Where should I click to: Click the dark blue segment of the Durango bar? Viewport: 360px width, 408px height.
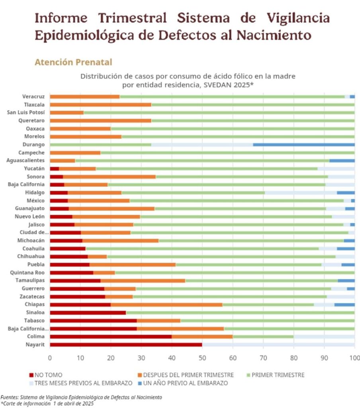(303, 144)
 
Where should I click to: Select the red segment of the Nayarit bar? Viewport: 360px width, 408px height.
(126, 345)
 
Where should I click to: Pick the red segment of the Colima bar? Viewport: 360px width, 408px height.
(111, 337)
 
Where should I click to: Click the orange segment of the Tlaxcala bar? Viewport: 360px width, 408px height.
(100, 104)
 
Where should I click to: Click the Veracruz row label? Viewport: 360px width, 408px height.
(33, 96)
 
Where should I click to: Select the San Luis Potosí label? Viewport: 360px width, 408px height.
(26, 112)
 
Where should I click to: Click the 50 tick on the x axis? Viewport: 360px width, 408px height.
(202, 358)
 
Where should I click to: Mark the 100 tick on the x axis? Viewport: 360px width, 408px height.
(354, 358)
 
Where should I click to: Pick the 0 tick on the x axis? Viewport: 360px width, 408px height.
(50, 358)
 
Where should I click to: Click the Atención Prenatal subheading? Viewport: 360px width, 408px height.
(73, 62)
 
